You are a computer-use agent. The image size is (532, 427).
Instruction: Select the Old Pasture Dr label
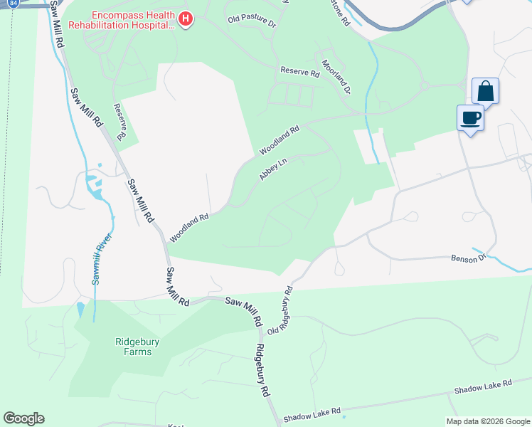tap(252, 21)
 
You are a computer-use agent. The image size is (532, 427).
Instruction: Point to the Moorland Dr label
tap(337, 76)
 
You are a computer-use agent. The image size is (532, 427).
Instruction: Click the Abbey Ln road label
tap(273, 169)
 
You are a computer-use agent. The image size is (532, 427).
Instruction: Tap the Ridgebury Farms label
tap(124, 346)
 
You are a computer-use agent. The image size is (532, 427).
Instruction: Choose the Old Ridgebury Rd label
tap(280, 310)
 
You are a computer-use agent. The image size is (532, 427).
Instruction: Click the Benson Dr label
tap(468, 258)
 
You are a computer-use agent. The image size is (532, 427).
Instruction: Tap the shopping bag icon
tap(485, 92)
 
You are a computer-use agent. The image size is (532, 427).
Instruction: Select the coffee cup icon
tap(470, 117)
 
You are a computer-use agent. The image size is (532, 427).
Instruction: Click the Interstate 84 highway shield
tap(14, 3)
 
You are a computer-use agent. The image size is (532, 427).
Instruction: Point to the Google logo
tap(23, 418)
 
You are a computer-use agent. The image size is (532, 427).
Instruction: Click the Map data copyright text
tap(487, 421)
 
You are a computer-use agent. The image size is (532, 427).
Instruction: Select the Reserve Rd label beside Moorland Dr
tap(299, 71)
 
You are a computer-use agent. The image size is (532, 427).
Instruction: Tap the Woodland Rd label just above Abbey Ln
tap(280, 141)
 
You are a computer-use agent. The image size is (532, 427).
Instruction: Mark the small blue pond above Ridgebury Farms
tap(79, 310)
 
